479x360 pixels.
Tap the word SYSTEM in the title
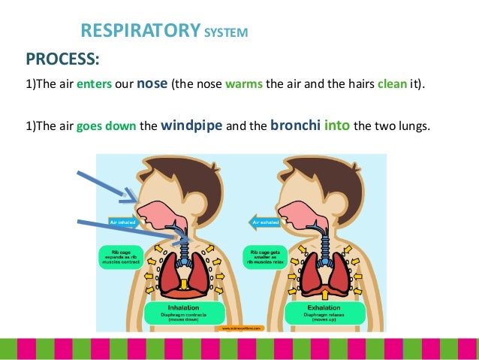pos(224,33)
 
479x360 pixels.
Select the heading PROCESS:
pos(63,59)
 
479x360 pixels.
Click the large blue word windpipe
pos(191,125)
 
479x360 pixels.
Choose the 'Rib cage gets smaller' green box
pos(262,256)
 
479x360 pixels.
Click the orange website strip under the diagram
pos(240,328)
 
